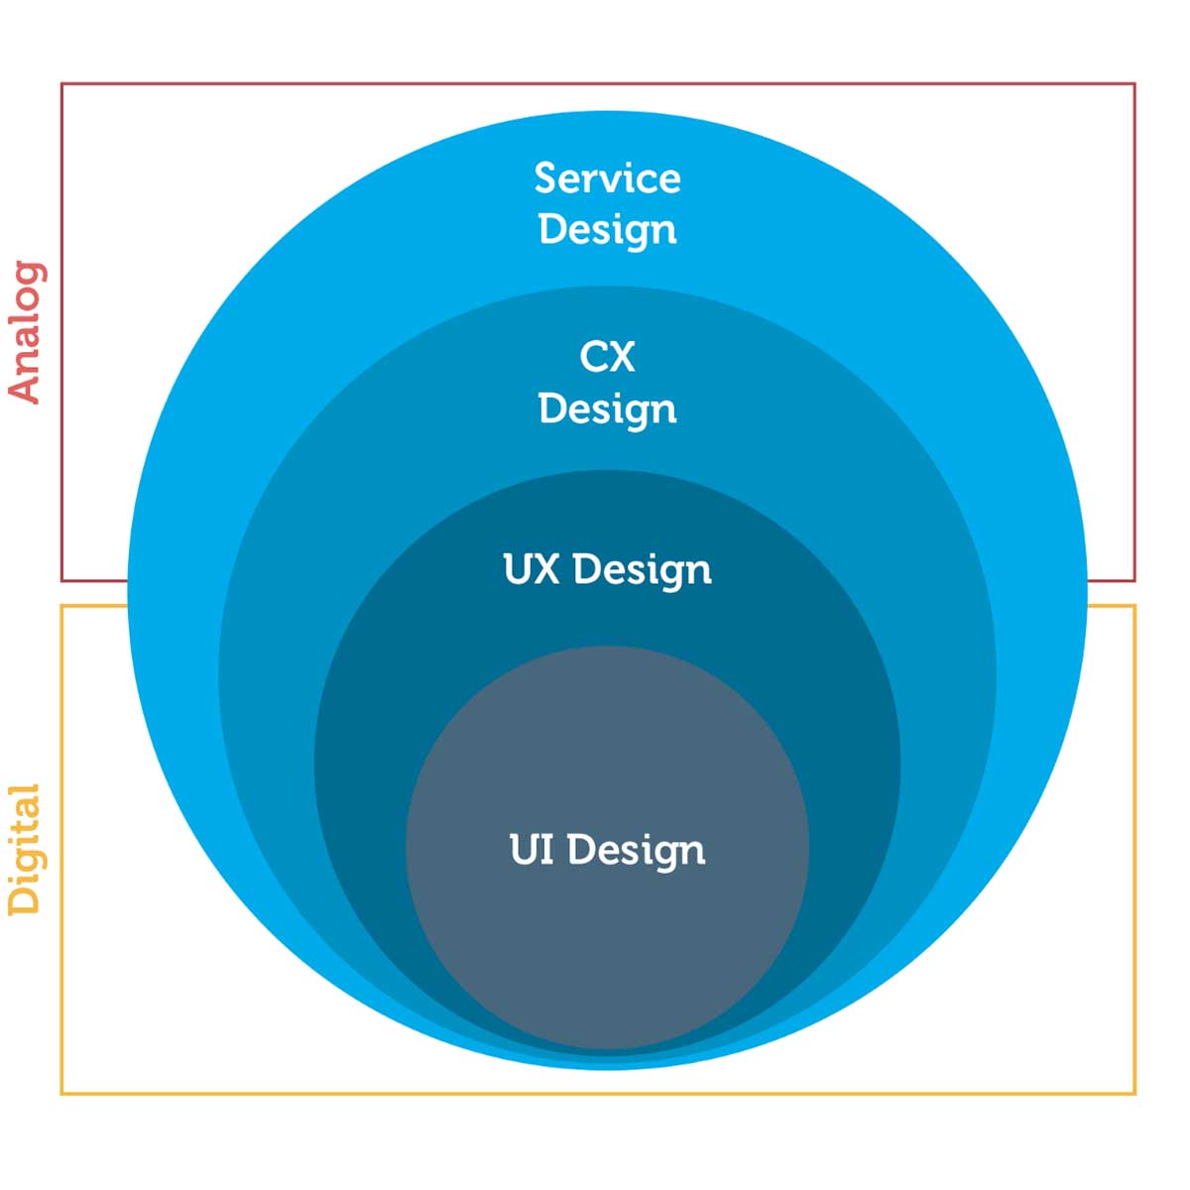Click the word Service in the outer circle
pyautogui.click(x=607, y=178)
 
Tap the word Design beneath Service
pyautogui.click(x=608, y=230)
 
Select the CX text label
pyautogui.click(x=607, y=356)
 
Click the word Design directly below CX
pyautogui.click(x=608, y=410)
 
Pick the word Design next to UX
pyautogui.click(x=643, y=570)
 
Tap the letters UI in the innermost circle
pyautogui.click(x=532, y=849)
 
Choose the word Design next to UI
pyautogui.click(x=636, y=851)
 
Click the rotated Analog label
pyautogui.click(x=26, y=333)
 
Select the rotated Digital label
pyautogui.click(x=25, y=849)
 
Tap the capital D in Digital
pyautogui.click(x=24, y=900)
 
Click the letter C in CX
pyautogui.click(x=592, y=356)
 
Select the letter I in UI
pyautogui.click(x=548, y=849)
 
